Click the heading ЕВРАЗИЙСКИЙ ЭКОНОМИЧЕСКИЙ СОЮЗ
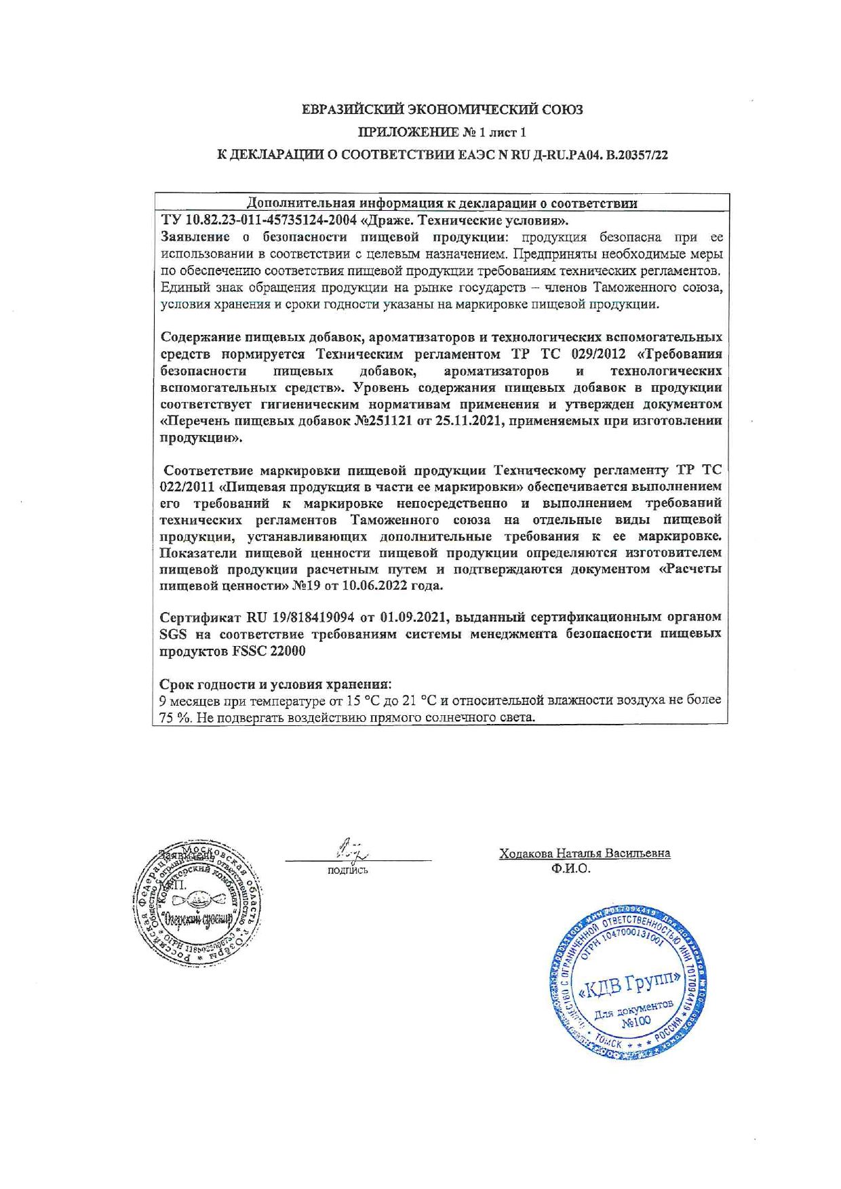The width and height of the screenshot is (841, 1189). [x=442, y=110]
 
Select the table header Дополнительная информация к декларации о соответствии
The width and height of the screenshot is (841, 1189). [x=442, y=203]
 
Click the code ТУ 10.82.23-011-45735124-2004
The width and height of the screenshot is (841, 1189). [x=258, y=220]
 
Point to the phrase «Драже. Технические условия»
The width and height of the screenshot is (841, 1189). [x=463, y=220]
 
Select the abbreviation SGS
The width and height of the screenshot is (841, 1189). [x=172, y=634]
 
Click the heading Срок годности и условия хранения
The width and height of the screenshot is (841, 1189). [x=275, y=683]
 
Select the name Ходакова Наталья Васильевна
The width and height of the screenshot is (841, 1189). [x=585, y=853]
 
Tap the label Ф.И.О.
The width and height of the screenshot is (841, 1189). [x=571, y=868]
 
